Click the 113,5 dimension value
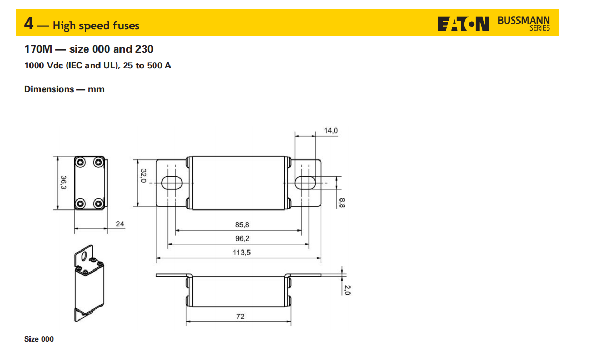pos(242,253)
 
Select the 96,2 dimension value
pos(242,238)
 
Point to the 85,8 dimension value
pos(242,225)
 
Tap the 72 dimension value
pos(241,316)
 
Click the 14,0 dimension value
pos(331,131)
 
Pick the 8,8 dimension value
pos(342,203)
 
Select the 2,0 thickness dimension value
pos(347,290)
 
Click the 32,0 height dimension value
pos(143,176)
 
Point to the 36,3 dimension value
pos(64,183)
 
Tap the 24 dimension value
pos(120,224)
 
